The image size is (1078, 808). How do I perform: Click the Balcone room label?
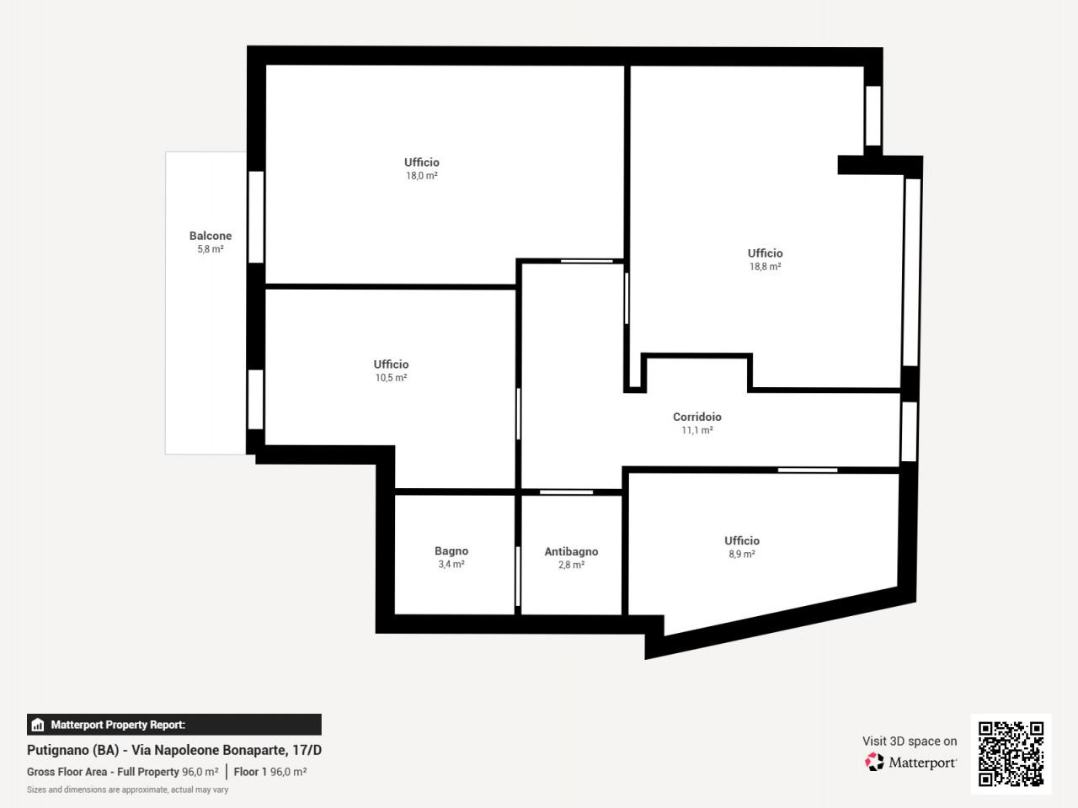pos(211,236)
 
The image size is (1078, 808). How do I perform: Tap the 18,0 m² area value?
pos(421,176)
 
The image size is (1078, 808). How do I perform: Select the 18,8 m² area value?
pos(765,267)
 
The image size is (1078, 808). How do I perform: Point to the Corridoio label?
pos(696,417)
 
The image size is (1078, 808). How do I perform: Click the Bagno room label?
pos(451,551)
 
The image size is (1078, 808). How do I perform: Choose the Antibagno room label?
pos(571,551)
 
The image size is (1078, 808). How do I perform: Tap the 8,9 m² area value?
pos(742,554)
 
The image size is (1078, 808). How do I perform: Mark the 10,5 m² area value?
pos(391,378)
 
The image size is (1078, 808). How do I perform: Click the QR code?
pos(1011,753)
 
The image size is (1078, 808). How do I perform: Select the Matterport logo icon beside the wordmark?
pos(874,762)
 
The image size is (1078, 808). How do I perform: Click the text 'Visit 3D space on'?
pos(910,741)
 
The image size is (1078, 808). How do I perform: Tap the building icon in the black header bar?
pos(37,725)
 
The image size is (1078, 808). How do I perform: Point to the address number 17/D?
pos(307,750)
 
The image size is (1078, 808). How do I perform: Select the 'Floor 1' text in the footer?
pos(250,772)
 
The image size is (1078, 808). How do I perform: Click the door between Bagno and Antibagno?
pos(518,577)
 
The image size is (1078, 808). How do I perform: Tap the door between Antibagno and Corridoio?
pos(566,492)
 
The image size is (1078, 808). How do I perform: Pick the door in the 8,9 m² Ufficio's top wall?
pos(808,470)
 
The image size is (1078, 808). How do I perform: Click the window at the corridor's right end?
pos(909,432)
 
